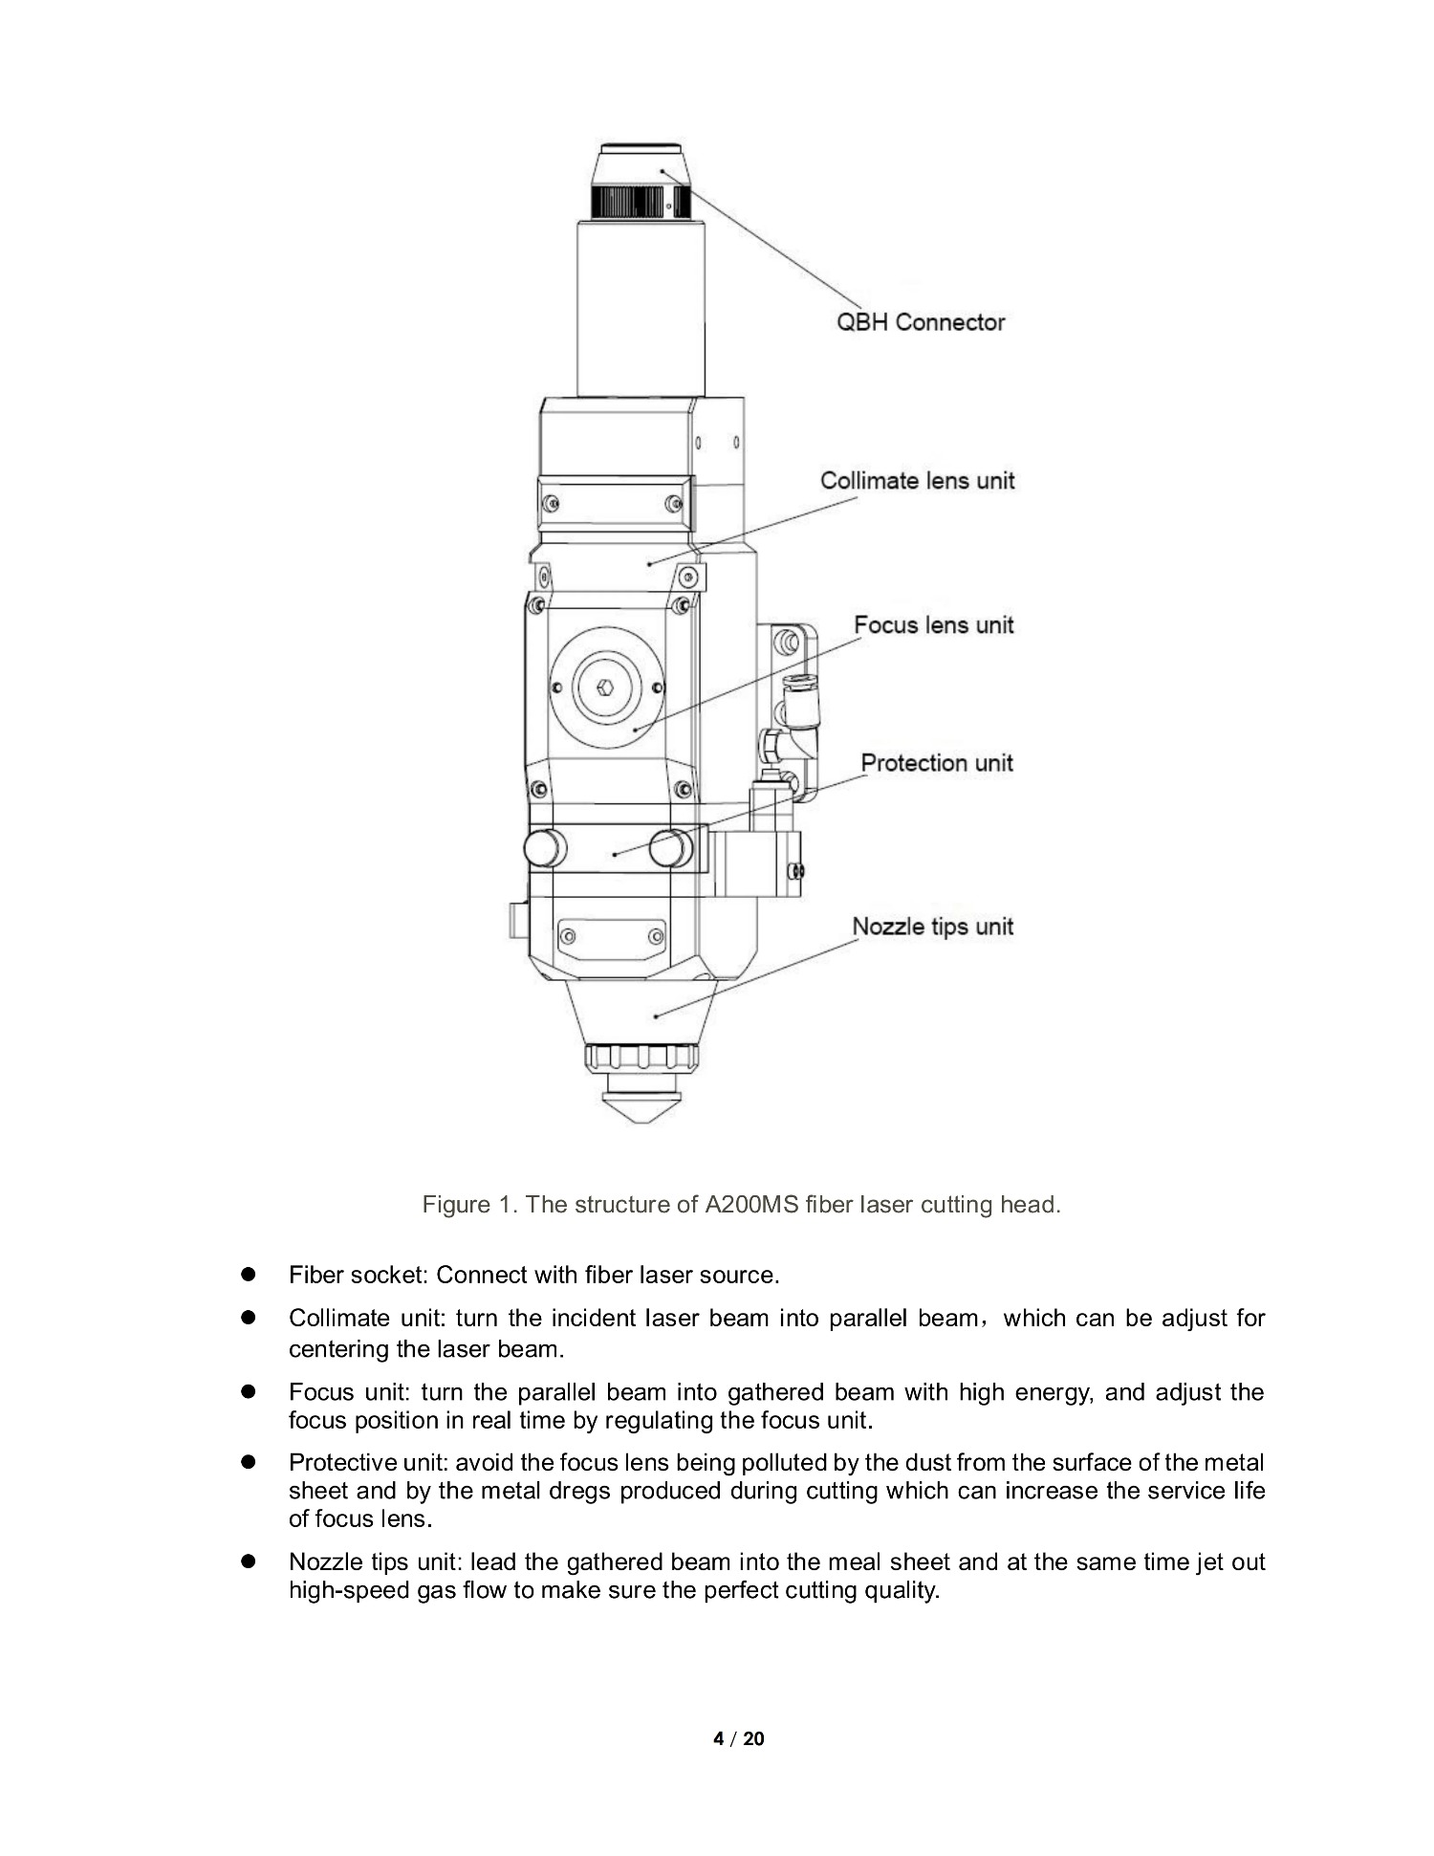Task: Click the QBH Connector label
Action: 921,322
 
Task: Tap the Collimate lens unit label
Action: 918,480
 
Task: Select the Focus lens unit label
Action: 934,624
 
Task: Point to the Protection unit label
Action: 937,763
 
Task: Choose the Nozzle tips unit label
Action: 933,927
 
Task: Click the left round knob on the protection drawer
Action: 544,848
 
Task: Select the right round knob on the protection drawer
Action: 670,848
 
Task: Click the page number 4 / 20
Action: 739,1738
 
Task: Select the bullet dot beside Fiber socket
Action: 250,1275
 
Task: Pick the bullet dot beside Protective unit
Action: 250,1462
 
